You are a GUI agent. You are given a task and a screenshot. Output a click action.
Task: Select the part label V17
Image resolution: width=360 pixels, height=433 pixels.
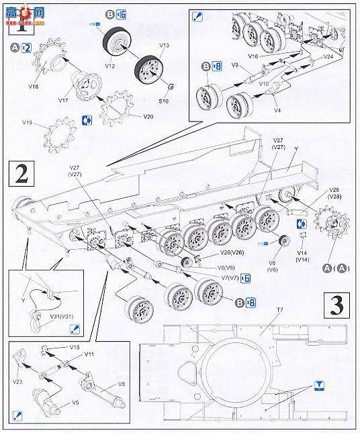(64, 101)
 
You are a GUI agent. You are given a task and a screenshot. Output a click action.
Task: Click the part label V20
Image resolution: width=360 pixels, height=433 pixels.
(148, 115)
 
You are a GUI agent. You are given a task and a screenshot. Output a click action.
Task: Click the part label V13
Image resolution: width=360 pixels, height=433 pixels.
(165, 46)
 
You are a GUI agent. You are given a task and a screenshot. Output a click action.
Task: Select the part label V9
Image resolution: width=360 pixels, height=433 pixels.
(236, 65)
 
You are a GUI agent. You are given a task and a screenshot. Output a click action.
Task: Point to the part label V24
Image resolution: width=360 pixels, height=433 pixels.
(328, 57)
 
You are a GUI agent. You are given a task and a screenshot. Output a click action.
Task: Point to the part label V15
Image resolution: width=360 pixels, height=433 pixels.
(74, 348)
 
